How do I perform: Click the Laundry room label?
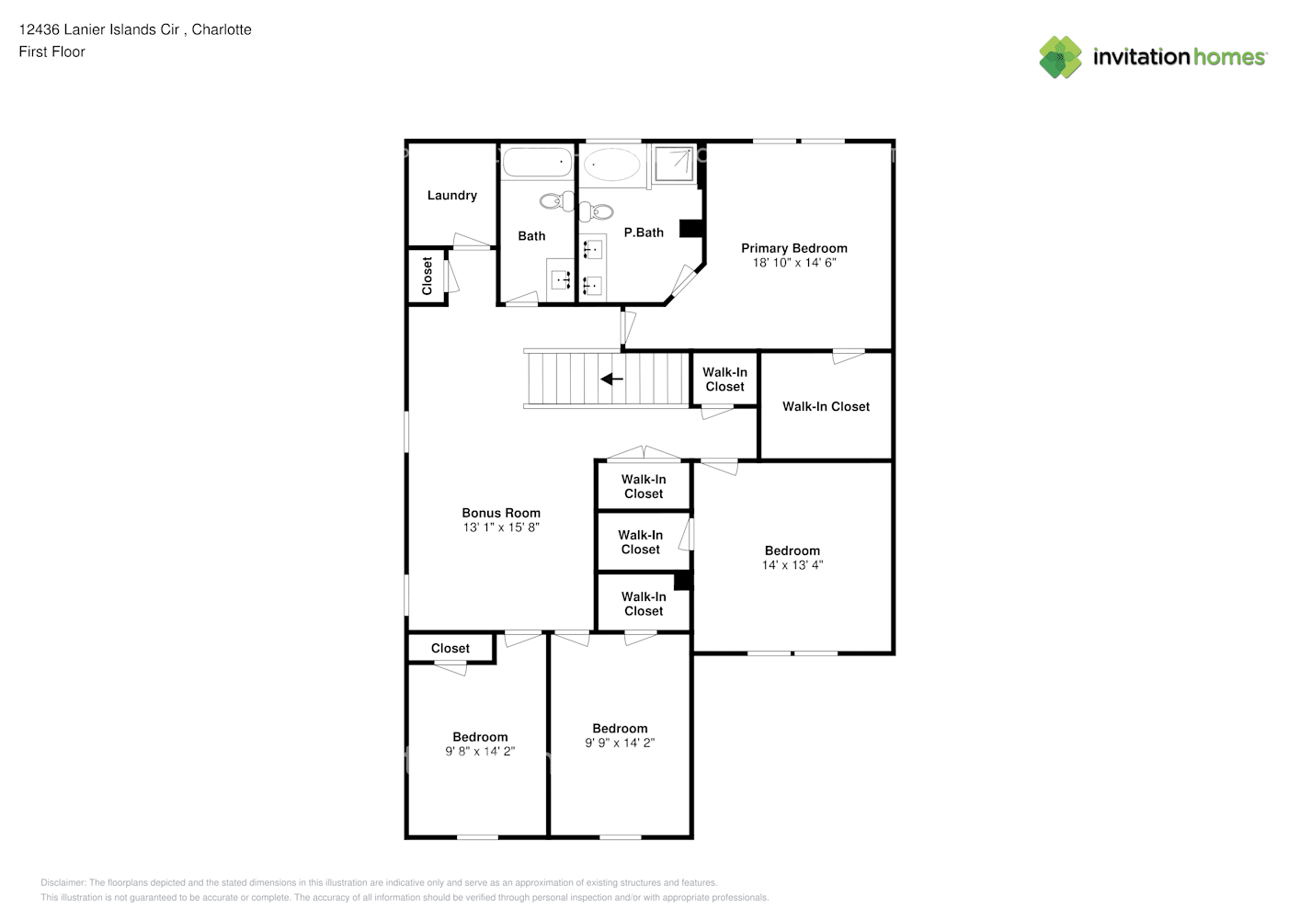click(x=451, y=195)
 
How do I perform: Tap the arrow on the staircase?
click(x=611, y=379)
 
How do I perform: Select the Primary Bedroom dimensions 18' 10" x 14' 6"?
click(x=794, y=263)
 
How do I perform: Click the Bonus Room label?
click(x=501, y=513)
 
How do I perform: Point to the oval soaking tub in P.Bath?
click(x=611, y=165)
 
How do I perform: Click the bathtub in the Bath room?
click(x=537, y=164)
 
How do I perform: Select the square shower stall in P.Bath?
click(x=675, y=164)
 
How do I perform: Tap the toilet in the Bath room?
click(x=554, y=201)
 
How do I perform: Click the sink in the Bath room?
click(x=560, y=279)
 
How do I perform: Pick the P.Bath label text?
click(x=644, y=233)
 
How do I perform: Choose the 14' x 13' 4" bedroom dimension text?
click(x=793, y=565)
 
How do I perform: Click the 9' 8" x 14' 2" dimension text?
click(x=480, y=751)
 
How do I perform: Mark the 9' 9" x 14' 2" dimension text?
click(x=620, y=743)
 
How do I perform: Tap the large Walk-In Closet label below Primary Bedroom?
click(x=826, y=406)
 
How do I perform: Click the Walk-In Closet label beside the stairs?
click(x=724, y=379)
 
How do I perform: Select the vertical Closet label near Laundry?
click(x=428, y=276)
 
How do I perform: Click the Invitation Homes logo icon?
click(x=1060, y=57)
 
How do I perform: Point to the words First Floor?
click(x=51, y=51)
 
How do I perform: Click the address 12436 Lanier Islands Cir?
click(x=99, y=29)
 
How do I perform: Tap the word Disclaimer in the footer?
click(x=63, y=882)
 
